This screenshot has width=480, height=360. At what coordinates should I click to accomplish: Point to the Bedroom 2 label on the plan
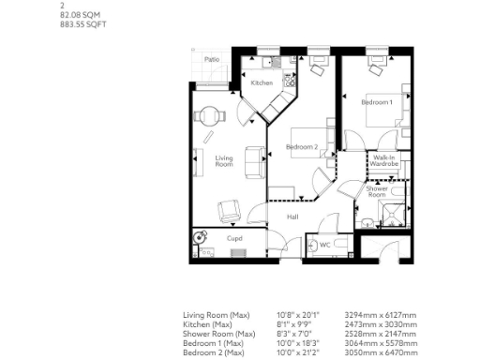(302, 147)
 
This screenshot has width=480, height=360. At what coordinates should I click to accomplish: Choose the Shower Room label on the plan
(377, 192)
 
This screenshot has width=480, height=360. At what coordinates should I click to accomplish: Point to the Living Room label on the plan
(224, 160)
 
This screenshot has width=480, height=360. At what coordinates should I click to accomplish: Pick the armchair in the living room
(229, 210)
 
